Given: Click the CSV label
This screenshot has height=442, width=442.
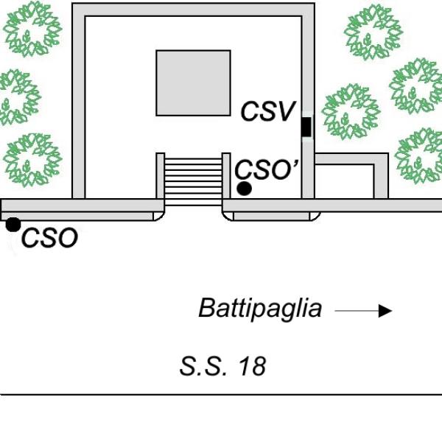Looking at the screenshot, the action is click(x=268, y=111).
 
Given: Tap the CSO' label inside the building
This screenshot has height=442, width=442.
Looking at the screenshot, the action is click(x=266, y=169).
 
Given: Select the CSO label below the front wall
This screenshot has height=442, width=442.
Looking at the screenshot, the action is click(x=49, y=238).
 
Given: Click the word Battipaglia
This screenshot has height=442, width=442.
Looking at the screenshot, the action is click(x=260, y=309).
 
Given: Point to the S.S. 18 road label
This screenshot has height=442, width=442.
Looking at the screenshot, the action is click(x=222, y=366).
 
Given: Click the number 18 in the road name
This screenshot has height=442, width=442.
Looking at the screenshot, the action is click(x=252, y=366).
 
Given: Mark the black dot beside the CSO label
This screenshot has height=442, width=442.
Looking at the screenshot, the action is click(x=13, y=225).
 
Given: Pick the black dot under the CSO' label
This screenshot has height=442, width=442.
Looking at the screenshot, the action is click(x=244, y=189).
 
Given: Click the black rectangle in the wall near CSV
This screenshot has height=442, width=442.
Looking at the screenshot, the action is click(x=306, y=127).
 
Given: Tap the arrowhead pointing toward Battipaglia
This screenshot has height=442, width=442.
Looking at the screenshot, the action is click(x=385, y=311).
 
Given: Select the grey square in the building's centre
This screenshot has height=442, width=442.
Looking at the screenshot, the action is click(x=193, y=83).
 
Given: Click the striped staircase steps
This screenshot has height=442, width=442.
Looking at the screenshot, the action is click(x=193, y=182).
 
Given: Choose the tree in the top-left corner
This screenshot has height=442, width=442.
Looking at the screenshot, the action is click(x=32, y=29).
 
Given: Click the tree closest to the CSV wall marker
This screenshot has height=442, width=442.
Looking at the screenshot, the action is click(x=351, y=112).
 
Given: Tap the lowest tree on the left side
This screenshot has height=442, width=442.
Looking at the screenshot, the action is click(x=32, y=160).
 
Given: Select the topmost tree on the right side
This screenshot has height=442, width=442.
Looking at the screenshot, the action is click(x=373, y=32).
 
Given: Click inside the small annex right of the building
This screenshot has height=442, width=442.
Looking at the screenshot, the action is click(x=344, y=181).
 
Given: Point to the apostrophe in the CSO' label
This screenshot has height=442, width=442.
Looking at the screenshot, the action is click(x=295, y=164).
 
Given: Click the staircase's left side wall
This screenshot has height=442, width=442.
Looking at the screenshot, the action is click(x=160, y=176).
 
